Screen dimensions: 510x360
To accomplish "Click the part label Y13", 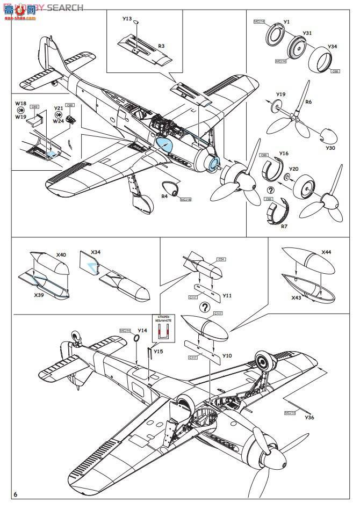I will [127, 19].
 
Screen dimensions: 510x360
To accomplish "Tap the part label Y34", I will [333, 46].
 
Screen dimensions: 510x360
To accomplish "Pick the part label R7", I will [284, 226].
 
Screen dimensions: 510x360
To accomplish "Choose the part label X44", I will [326, 252].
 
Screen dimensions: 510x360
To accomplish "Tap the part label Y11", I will [227, 296].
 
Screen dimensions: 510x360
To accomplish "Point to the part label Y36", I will [309, 417].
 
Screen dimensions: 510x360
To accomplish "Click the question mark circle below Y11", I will [204, 307].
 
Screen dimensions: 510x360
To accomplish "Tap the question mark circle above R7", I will [270, 190].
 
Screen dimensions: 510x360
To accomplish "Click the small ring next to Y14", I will [136, 338].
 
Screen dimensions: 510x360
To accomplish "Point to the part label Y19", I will [281, 94].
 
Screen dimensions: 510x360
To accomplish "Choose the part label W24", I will [59, 121].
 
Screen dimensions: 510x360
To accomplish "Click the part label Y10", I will [227, 356].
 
